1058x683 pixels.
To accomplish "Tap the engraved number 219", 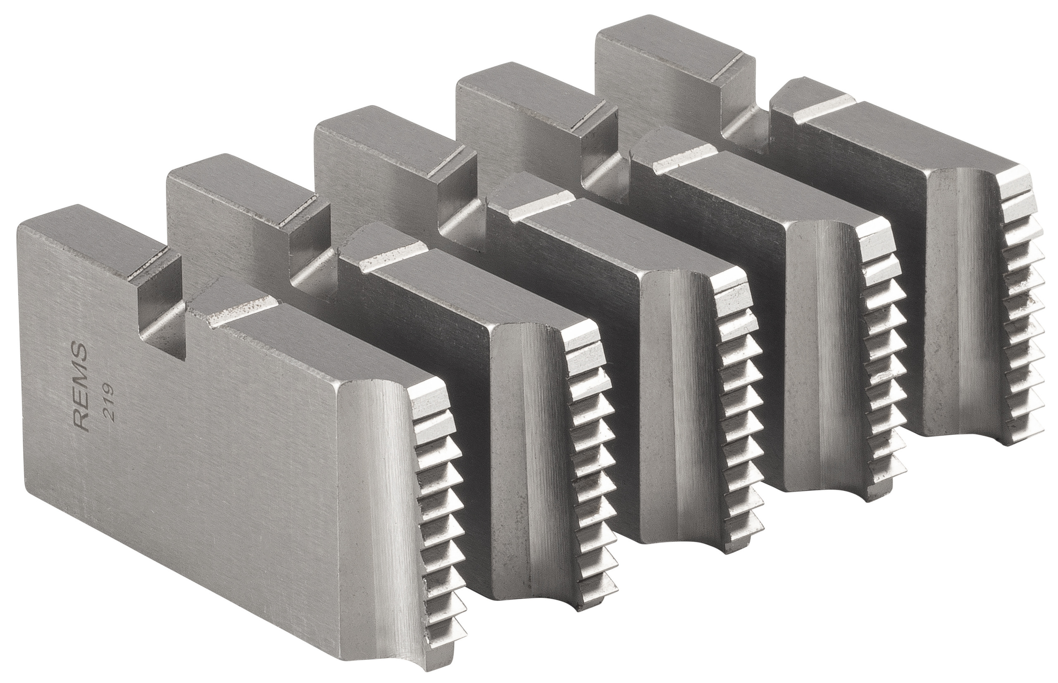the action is [108, 397].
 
